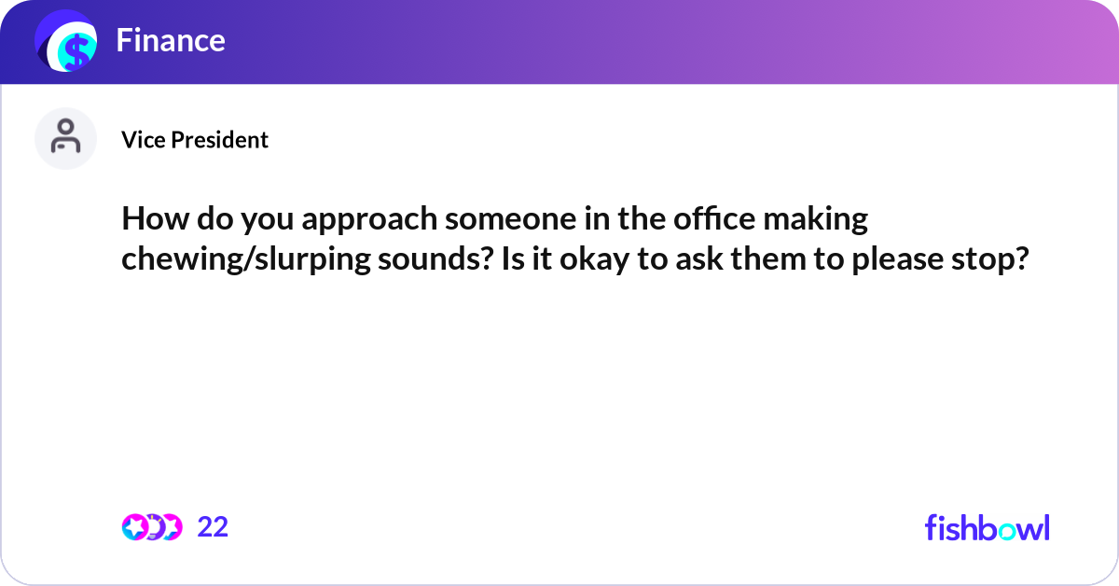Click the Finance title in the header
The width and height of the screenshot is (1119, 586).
click(x=171, y=40)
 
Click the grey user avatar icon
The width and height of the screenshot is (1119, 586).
click(x=65, y=138)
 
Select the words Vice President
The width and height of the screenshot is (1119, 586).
click(x=195, y=140)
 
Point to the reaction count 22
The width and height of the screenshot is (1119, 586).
click(x=213, y=527)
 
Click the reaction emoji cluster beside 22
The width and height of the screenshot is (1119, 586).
click(x=151, y=527)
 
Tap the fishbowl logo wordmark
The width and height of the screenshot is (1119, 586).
click(x=987, y=527)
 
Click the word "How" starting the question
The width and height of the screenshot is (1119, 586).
click(x=148, y=220)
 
